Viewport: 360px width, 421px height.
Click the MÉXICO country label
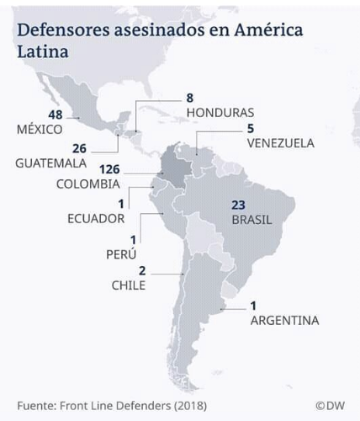[40, 131]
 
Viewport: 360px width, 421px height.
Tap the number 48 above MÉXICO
[56, 115]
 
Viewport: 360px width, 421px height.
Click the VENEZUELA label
[280, 143]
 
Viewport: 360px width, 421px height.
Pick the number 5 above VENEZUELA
[250, 128]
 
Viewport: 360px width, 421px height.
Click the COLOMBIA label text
[87, 184]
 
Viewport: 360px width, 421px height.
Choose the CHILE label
[129, 285]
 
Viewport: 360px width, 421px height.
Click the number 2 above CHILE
[141, 270]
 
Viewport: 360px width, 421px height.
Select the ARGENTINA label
[283, 320]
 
